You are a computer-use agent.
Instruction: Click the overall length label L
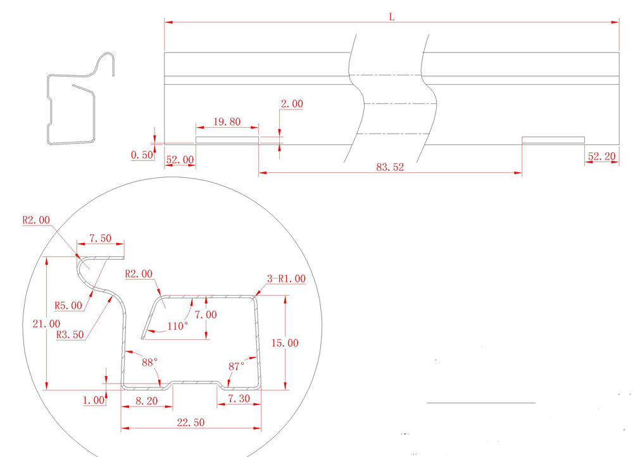tap(392, 17)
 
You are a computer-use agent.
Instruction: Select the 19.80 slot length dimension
tap(226, 122)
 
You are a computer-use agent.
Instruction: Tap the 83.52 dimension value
tap(390, 168)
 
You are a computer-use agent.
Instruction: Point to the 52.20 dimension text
tap(602, 156)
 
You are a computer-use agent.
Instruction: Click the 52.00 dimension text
tap(180, 160)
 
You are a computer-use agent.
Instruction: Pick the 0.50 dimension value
tap(142, 155)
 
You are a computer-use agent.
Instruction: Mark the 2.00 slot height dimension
tap(292, 104)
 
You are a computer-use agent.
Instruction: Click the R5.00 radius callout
tap(69, 305)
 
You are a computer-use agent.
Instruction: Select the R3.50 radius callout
tap(70, 335)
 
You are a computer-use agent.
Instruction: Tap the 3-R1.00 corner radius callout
tap(287, 279)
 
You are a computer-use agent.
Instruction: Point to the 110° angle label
tap(177, 326)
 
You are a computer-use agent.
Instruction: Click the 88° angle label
tap(149, 363)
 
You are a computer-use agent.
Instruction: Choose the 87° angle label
tap(237, 366)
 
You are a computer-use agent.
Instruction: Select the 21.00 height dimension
tap(46, 323)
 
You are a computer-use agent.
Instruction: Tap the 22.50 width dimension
tap(190, 422)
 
